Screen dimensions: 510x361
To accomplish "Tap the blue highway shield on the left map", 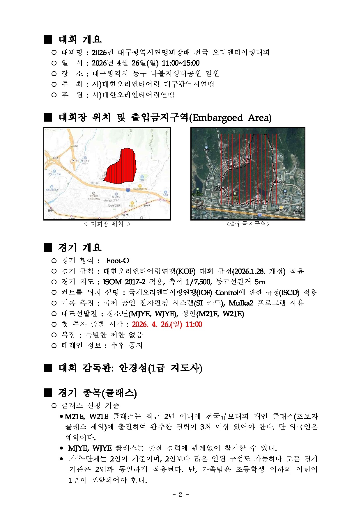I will [x=128, y=190].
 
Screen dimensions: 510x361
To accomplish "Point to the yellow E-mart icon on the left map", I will [x=132, y=203].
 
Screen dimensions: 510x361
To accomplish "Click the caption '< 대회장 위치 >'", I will [x=107, y=224].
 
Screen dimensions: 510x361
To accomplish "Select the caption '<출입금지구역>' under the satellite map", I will [x=248, y=224].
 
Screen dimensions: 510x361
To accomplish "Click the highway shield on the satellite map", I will [x=259, y=215].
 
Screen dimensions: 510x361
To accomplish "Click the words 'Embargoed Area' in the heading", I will [x=230, y=118].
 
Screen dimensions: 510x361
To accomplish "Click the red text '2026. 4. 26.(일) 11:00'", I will [x=167, y=324].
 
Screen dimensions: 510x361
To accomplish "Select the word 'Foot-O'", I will [x=118, y=261].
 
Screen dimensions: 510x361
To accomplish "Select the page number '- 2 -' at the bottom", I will [x=180, y=494].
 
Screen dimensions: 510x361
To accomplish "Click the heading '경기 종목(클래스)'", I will [x=97, y=393].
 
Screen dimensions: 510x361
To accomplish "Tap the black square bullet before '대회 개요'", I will [x=48, y=39].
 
